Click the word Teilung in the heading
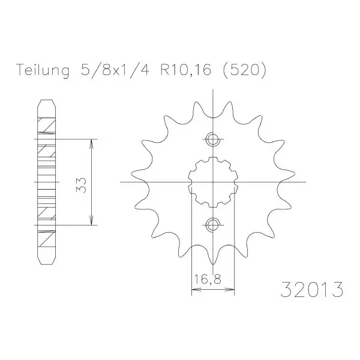click(43, 70)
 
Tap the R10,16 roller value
click(185, 70)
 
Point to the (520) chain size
click(245, 70)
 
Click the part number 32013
click(312, 289)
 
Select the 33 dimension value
click(81, 185)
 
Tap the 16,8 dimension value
click(208, 280)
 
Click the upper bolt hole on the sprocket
click(213, 139)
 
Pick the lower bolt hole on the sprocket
click(213, 224)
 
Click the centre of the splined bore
click(213, 182)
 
